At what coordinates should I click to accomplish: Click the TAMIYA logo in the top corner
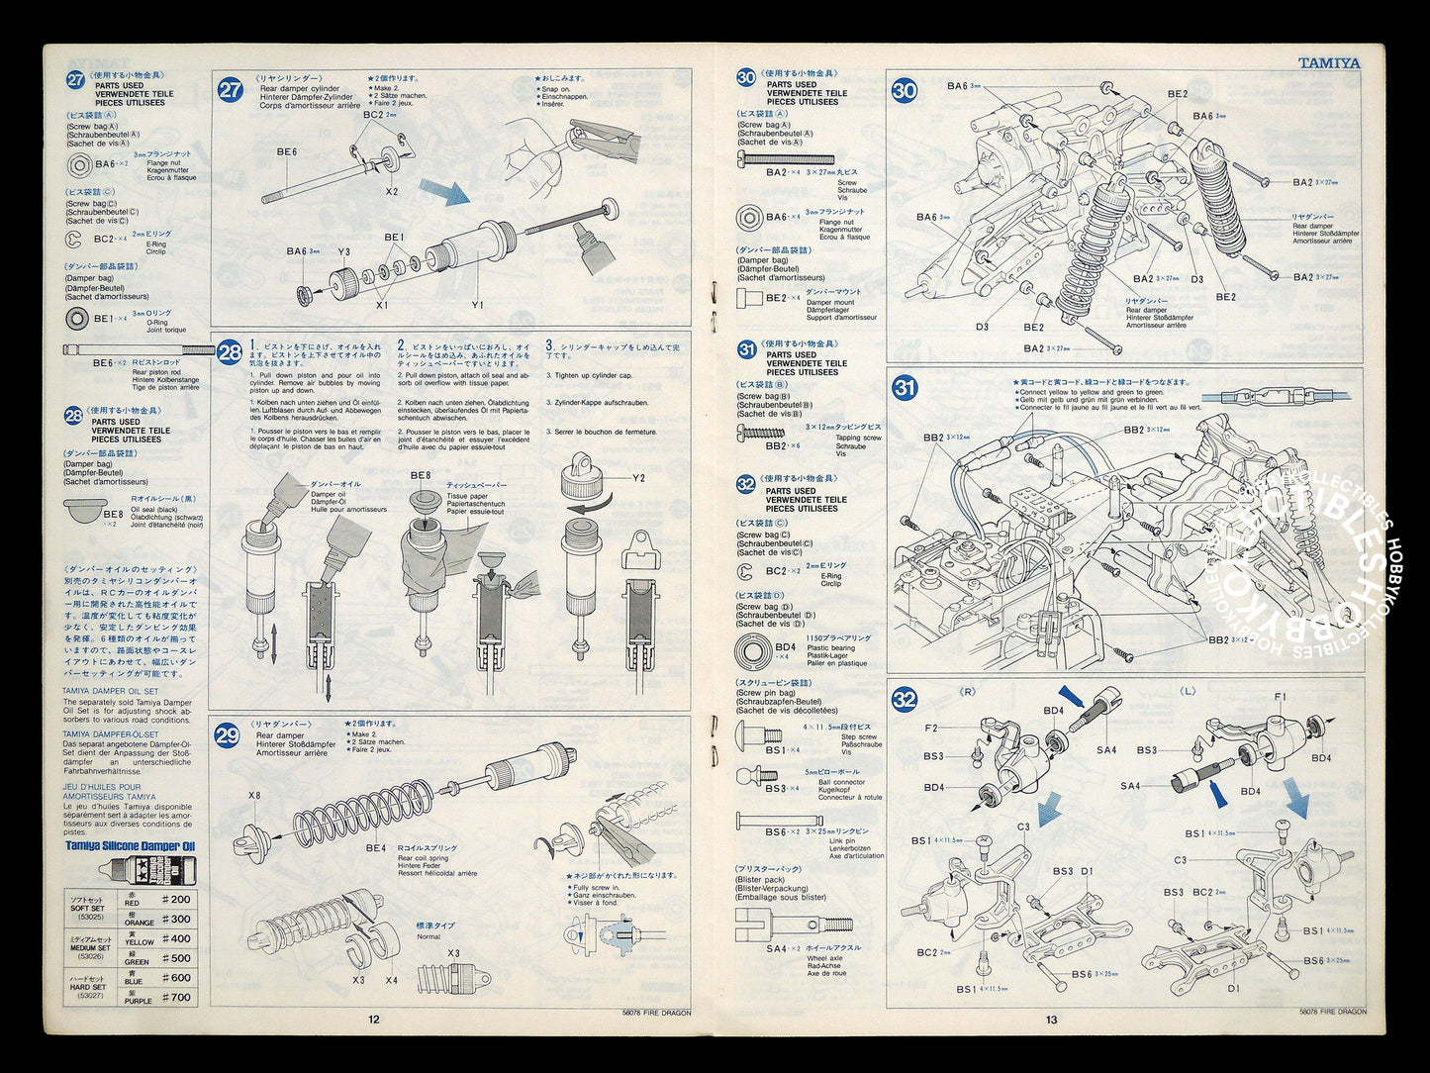point(1328,62)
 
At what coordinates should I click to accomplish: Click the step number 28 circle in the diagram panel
point(230,352)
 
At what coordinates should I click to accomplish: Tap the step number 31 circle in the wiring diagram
point(905,388)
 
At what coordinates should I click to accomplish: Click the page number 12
point(373,1020)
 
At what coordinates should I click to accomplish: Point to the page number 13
point(1051,1020)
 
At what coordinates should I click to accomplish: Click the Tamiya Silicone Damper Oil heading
point(131,846)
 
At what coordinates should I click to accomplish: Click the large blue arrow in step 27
point(443,192)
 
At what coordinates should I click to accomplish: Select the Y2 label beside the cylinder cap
point(638,478)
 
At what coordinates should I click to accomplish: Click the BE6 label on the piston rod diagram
point(287,151)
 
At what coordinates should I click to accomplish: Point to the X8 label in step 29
point(254,795)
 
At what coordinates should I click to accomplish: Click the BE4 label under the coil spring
point(376,847)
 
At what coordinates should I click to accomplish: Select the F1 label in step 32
point(1280,697)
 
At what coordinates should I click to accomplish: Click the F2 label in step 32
point(931,728)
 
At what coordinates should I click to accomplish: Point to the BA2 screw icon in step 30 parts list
point(786,158)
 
